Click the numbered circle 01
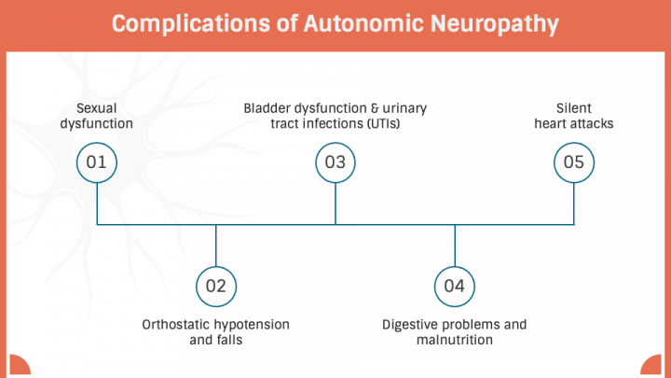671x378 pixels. (x=97, y=162)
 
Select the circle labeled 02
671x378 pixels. (x=216, y=286)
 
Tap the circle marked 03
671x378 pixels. (x=335, y=162)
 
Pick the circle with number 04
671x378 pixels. (x=455, y=286)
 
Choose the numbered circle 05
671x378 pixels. (x=574, y=162)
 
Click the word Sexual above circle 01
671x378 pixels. (x=97, y=108)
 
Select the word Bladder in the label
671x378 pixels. (x=268, y=108)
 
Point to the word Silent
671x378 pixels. (x=574, y=108)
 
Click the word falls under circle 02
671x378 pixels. (x=229, y=341)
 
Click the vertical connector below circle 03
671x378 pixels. (x=335, y=203)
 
